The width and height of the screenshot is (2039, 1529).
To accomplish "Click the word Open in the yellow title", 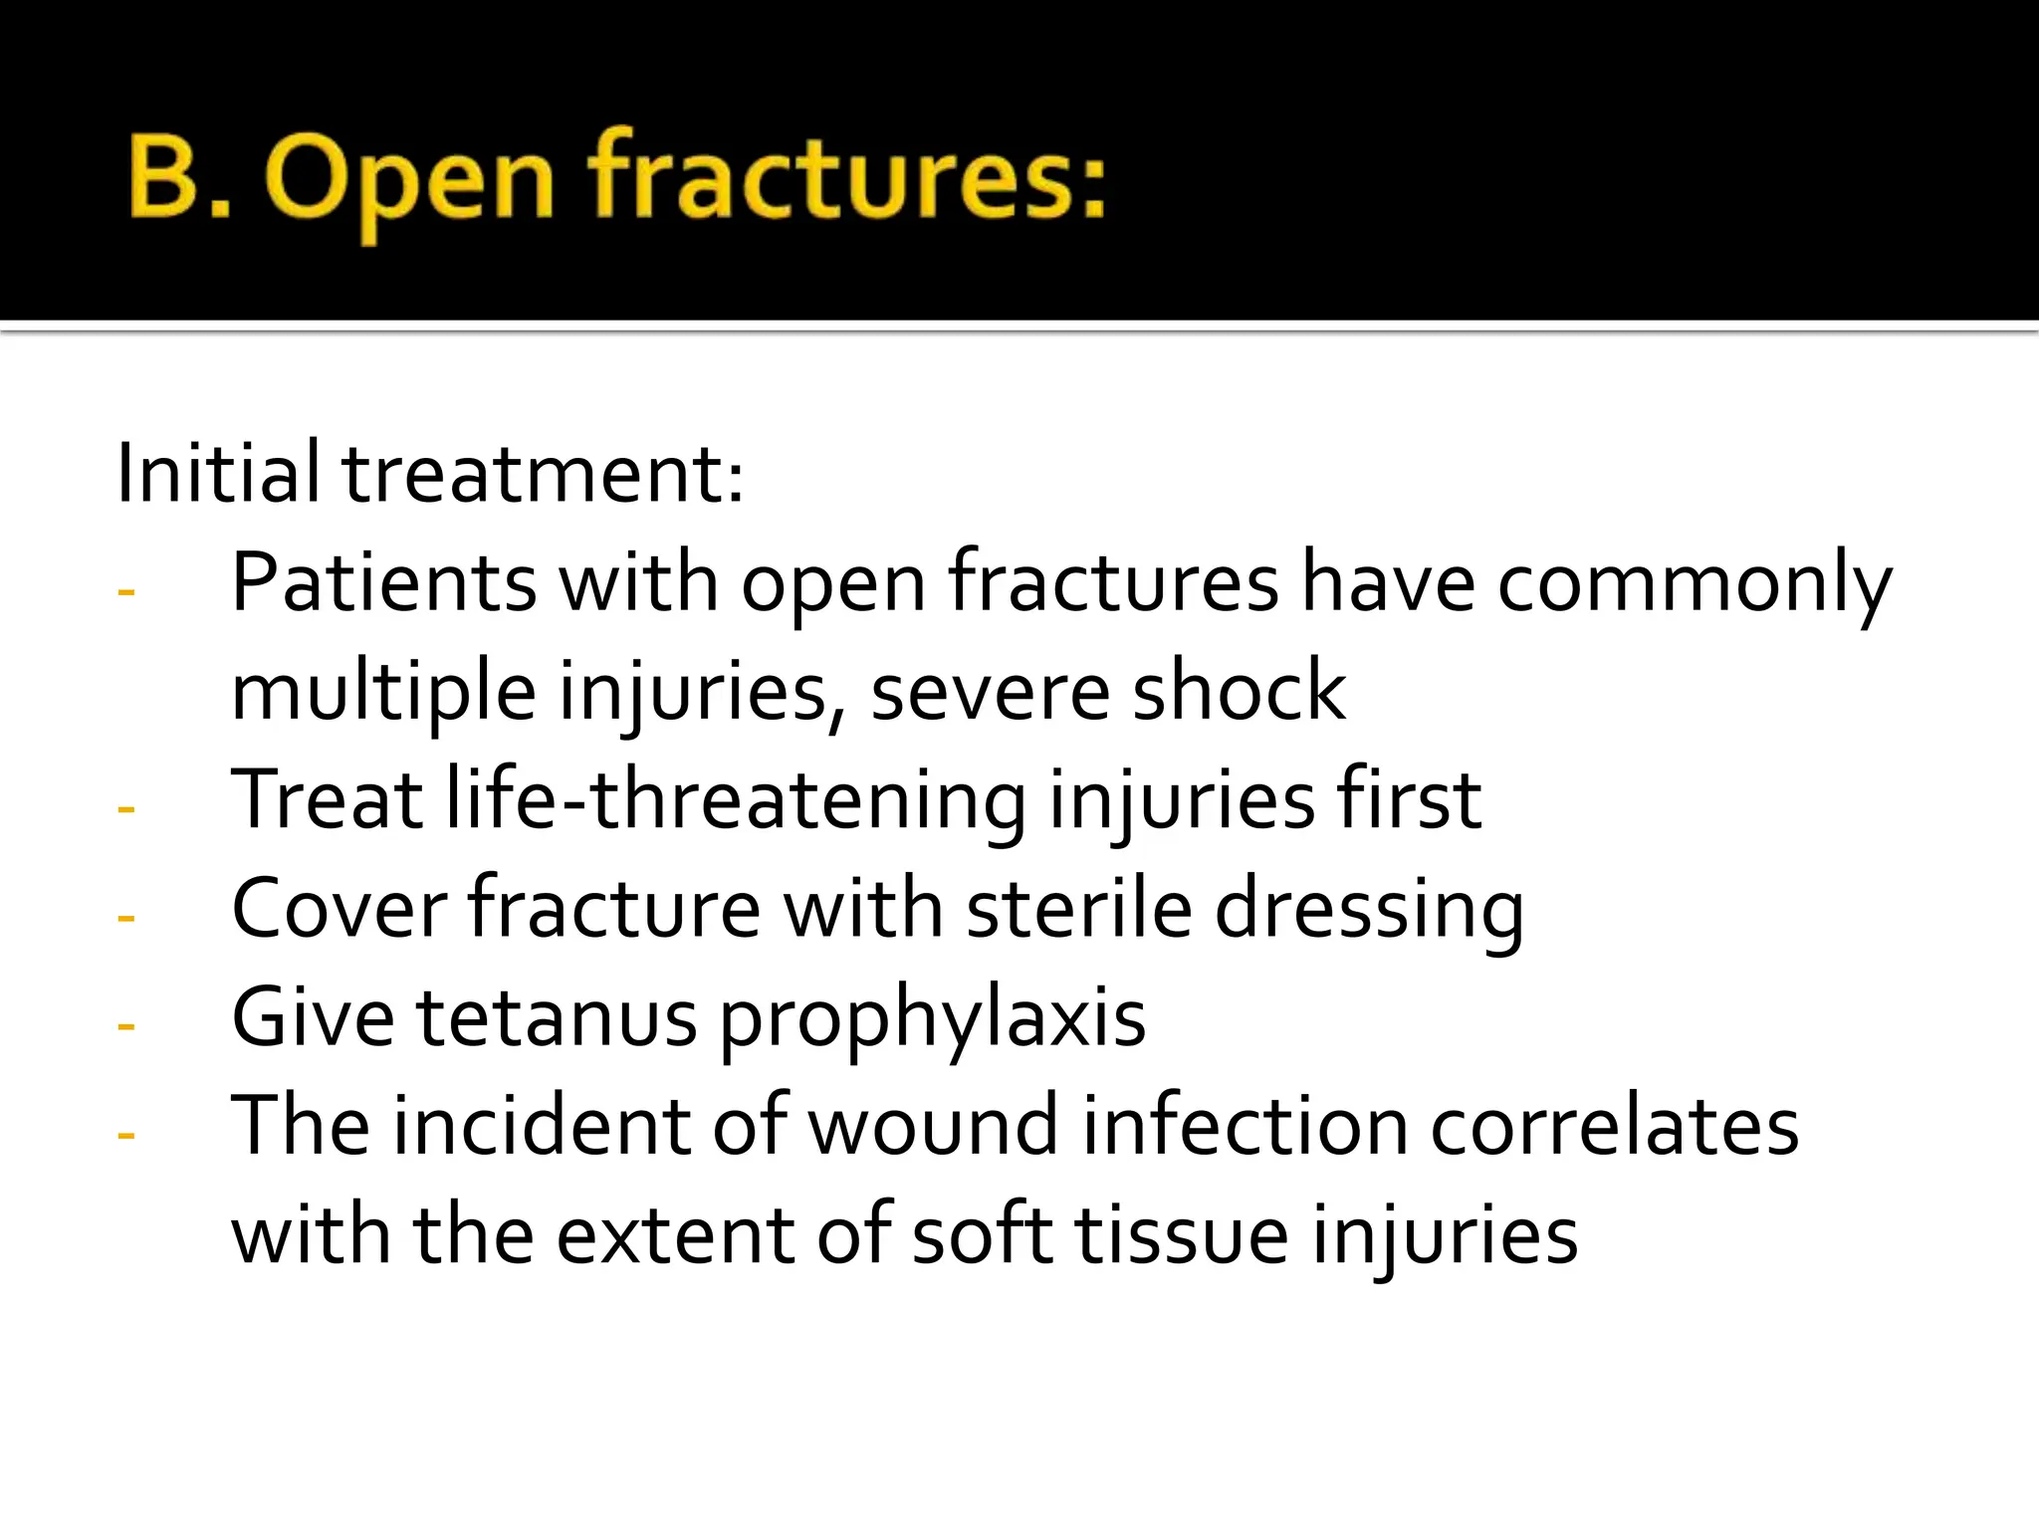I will (409, 179).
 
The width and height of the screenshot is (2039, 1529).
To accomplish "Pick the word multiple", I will (383, 692).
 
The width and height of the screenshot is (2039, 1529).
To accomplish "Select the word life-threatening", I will (736, 801).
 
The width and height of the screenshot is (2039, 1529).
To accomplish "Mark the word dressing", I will (1369, 911).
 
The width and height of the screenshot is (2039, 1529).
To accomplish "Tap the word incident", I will (543, 1126).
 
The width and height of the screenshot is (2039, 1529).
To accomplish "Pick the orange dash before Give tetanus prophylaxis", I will (126, 1025).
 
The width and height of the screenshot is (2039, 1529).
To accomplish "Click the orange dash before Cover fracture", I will (126, 917).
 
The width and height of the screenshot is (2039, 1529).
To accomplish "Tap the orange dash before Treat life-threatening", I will (126, 808).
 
